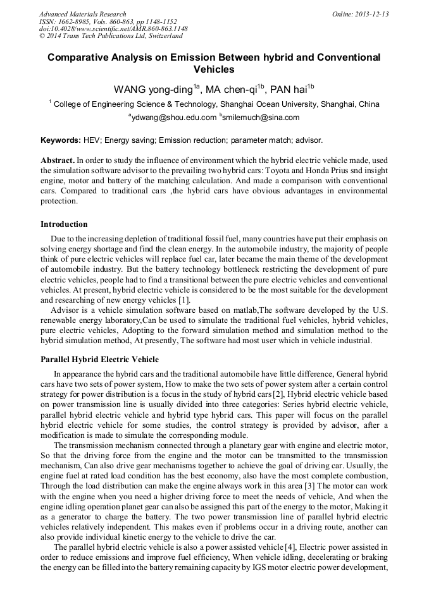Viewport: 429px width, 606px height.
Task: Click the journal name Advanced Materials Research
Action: click(82, 14)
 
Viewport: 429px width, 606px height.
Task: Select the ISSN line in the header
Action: click(108, 21)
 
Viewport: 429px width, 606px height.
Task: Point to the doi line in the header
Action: click(113, 29)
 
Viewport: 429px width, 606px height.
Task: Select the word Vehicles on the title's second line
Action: click(214, 70)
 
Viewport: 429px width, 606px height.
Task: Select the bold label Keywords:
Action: click(60, 139)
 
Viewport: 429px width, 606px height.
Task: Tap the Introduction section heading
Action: click(64, 224)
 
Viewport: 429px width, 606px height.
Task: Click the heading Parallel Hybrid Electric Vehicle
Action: click(99, 359)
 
